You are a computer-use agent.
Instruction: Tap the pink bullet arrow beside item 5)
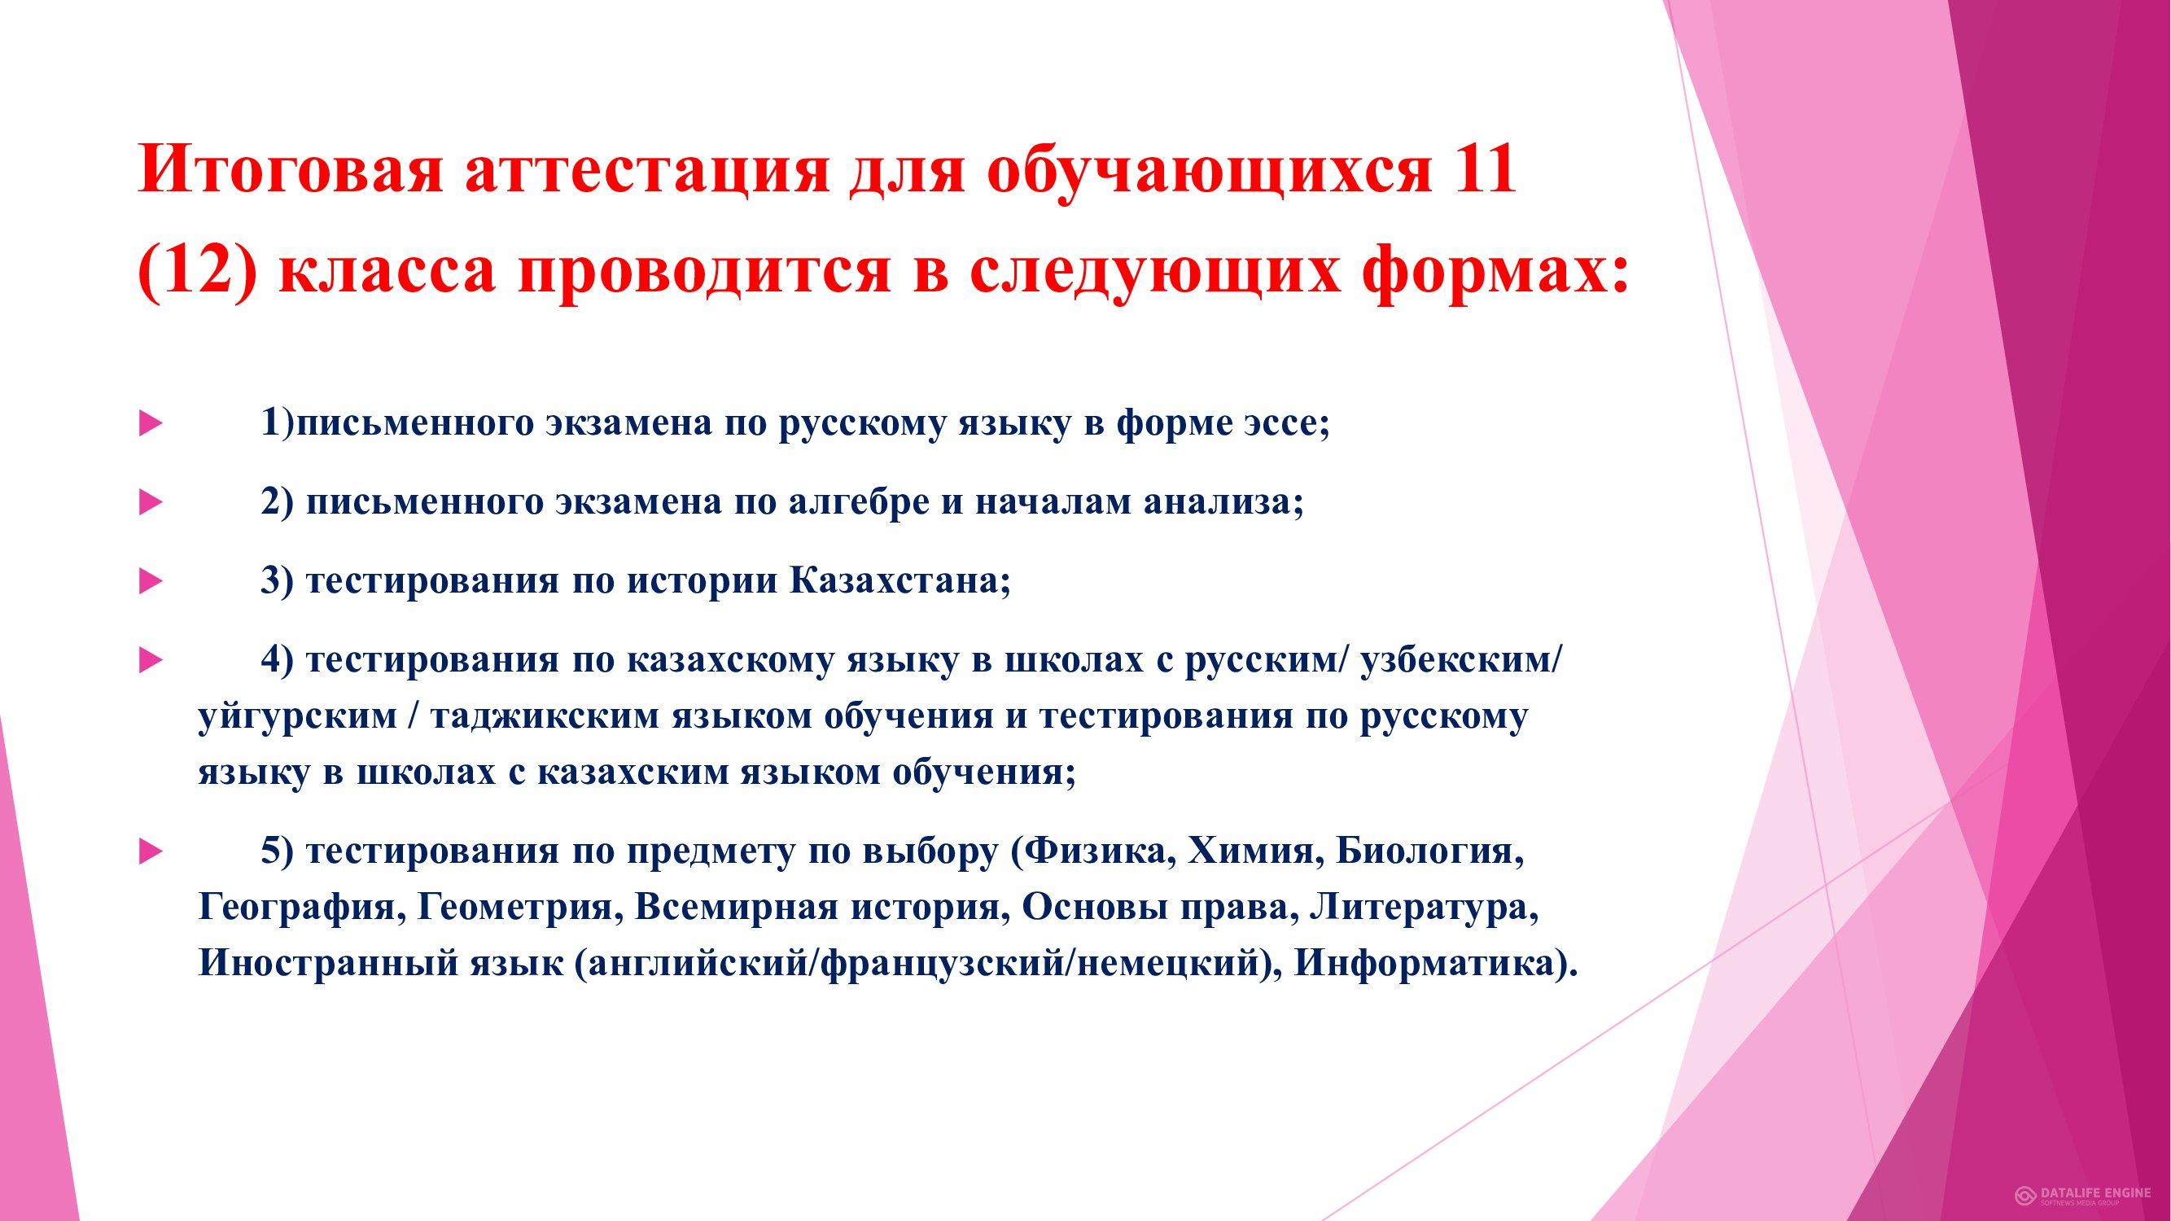pos(150,853)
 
